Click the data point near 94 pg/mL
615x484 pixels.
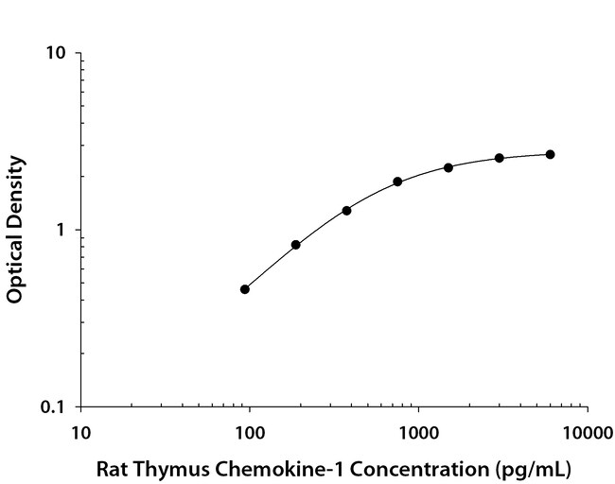click(x=245, y=289)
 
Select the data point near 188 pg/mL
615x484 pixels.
click(x=296, y=245)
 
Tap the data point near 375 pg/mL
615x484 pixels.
click(x=347, y=210)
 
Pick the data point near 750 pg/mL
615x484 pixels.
click(x=397, y=181)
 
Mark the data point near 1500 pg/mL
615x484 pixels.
click(x=448, y=167)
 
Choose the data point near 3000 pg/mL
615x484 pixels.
click(x=500, y=158)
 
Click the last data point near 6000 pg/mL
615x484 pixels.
click(x=551, y=154)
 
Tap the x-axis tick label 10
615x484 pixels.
click(x=80, y=434)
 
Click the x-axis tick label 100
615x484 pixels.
click(x=249, y=434)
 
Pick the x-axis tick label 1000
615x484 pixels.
click(x=417, y=434)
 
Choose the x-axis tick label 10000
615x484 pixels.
click(x=587, y=434)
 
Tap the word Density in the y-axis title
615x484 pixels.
click(x=14, y=192)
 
